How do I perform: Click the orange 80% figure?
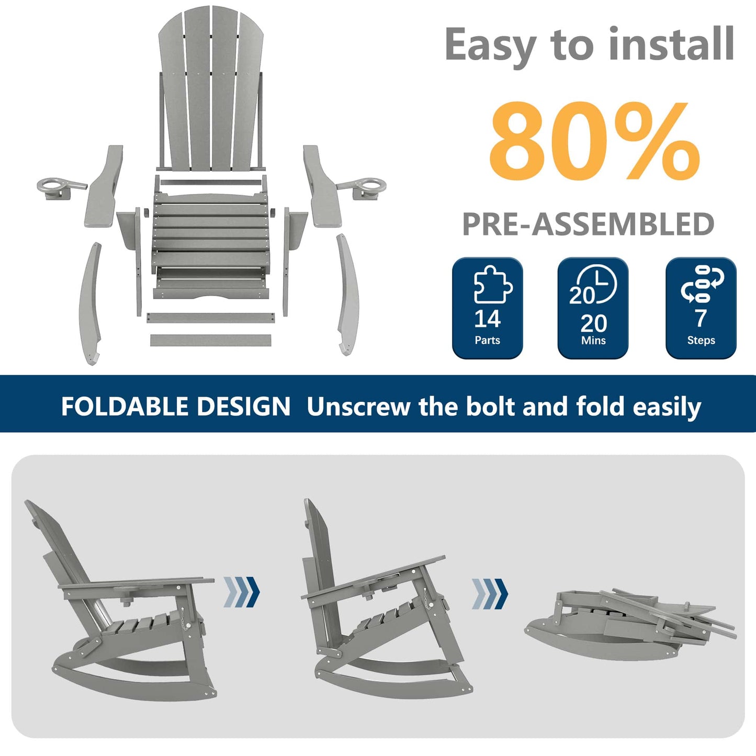coord(594,142)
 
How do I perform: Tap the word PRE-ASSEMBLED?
coord(588,224)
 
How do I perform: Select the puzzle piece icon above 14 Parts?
coord(491,285)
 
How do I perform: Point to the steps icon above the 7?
coord(702,284)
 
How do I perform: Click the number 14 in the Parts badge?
coord(487,319)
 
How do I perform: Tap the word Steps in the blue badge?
coord(701,341)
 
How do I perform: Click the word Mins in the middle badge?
coord(593,341)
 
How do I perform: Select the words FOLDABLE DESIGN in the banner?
coord(175,407)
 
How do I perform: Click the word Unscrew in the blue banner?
coord(358,407)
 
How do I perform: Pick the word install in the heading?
coord(671,45)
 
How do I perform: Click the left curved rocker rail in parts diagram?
coord(89,303)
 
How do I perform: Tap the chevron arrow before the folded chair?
coord(490,594)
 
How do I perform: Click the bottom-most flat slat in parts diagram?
coord(211,340)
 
